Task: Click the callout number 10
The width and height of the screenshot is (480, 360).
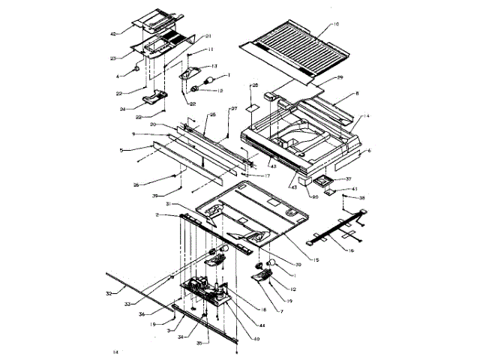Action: point(336,25)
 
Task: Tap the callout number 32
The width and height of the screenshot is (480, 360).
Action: point(109,293)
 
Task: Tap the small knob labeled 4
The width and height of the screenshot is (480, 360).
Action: point(137,67)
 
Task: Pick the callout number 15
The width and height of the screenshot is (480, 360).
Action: point(316,260)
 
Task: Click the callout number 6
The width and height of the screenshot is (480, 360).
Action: point(368,151)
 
